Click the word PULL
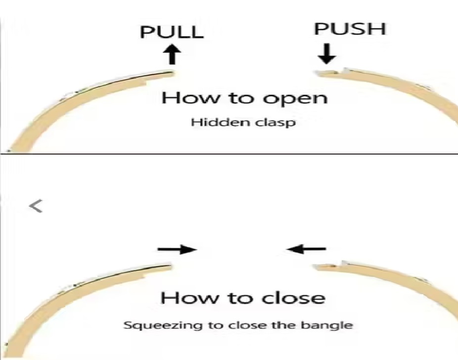click(x=172, y=32)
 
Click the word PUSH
click(x=350, y=29)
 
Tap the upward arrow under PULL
click(x=173, y=54)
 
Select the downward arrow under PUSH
click(x=326, y=54)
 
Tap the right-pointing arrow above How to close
click(x=177, y=249)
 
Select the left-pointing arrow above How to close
click(x=306, y=249)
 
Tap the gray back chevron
click(x=36, y=206)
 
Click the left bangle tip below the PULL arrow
click(x=172, y=74)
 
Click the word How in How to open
click(x=190, y=97)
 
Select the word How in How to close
click(x=189, y=298)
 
